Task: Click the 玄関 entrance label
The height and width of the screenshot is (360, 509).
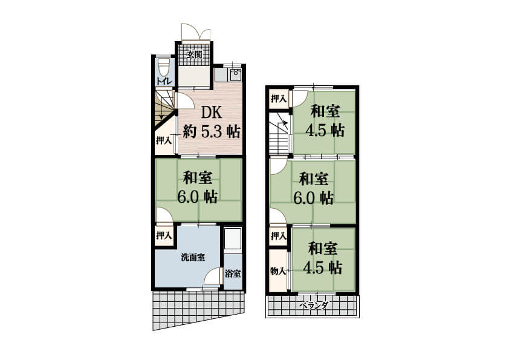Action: pos(194,54)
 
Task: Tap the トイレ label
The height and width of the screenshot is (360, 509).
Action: pos(164,81)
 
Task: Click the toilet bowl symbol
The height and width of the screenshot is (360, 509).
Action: pos(164,66)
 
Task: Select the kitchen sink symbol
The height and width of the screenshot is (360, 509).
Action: pos(235,74)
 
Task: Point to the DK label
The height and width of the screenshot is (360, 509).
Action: pos(212,113)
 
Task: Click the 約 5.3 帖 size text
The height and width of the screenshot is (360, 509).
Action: pos(212,131)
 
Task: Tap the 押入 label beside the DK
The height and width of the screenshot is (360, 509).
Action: pos(164,141)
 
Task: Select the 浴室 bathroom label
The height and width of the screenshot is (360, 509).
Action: pos(233,273)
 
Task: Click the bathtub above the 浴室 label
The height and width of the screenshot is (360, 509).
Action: pos(233,239)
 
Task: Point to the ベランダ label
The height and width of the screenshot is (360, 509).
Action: pos(314,305)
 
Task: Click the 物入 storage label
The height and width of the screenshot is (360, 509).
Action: pos(278,271)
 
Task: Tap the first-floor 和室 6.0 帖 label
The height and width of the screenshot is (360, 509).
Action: pos(198,188)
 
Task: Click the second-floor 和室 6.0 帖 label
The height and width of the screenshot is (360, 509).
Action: pos(314,188)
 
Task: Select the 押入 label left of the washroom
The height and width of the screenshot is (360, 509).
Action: pos(164,235)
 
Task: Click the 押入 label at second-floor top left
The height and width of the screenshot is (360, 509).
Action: pos(279,99)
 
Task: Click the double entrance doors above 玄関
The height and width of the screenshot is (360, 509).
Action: pos(196,33)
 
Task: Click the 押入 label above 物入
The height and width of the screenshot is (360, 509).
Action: pos(279,236)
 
